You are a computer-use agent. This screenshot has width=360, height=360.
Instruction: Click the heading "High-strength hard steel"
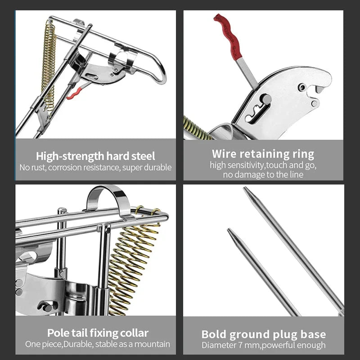click(x=95, y=156)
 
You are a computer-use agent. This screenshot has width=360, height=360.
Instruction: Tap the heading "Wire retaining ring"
click(x=263, y=154)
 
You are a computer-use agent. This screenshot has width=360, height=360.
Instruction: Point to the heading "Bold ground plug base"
click(x=263, y=334)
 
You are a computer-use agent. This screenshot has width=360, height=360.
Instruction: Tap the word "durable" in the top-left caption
click(x=157, y=168)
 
